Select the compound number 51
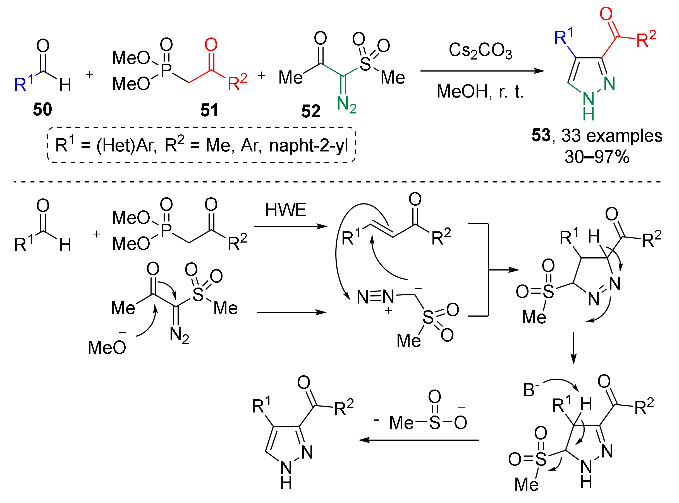point(209,110)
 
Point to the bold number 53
point(541,135)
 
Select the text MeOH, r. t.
point(480,91)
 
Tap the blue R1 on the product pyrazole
point(563,37)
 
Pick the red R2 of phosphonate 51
point(237,82)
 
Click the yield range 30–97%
point(597,157)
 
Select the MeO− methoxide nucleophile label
point(107,347)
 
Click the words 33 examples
point(611,136)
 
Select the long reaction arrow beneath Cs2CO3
point(482,71)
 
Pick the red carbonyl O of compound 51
point(211,45)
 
